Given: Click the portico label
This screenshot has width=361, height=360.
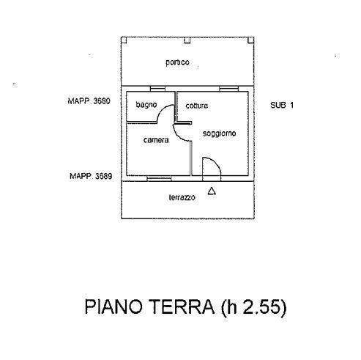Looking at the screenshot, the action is [177, 62].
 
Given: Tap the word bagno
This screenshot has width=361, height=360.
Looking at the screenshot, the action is [146, 105].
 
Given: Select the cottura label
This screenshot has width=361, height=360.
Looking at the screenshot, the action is [197, 106].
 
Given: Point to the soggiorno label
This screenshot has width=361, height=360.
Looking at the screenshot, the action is [219, 133].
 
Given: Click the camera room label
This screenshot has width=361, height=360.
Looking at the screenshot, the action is [156, 140].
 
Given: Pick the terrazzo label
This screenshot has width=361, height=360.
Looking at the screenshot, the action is [182, 197].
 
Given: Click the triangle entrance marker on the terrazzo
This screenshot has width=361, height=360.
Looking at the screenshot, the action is [212, 191].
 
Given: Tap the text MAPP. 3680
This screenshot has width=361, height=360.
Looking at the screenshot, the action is [89, 101].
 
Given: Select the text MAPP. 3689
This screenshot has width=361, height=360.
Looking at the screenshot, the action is [91, 176].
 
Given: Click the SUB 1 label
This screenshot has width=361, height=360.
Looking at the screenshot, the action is [282, 106].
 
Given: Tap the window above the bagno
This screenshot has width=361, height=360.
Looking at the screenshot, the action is [157, 89].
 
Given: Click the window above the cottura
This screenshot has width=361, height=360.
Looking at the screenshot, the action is [228, 89].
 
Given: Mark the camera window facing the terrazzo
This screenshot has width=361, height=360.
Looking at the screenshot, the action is [159, 179].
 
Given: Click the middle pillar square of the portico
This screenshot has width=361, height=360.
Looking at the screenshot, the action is [187, 40].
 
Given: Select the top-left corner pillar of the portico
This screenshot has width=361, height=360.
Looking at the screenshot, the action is [124, 40].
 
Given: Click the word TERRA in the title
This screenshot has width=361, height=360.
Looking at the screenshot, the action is [182, 306].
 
